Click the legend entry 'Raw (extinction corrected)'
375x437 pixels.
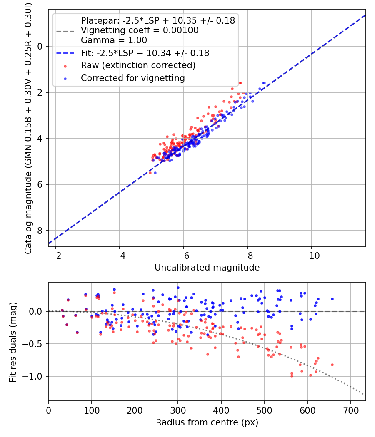(138, 65)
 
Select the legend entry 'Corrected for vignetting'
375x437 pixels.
(132, 78)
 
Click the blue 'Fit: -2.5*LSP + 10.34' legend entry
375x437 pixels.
(145, 53)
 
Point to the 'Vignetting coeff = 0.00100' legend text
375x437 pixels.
(140, 30)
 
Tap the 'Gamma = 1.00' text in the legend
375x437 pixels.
(114, 40)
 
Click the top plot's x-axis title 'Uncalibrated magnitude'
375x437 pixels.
(207, 268)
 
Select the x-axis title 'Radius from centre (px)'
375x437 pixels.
(207, 422)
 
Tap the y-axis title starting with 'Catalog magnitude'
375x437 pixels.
(28, 127)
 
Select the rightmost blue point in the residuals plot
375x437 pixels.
(332, 299)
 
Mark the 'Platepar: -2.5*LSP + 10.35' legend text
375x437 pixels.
(157, 20)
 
